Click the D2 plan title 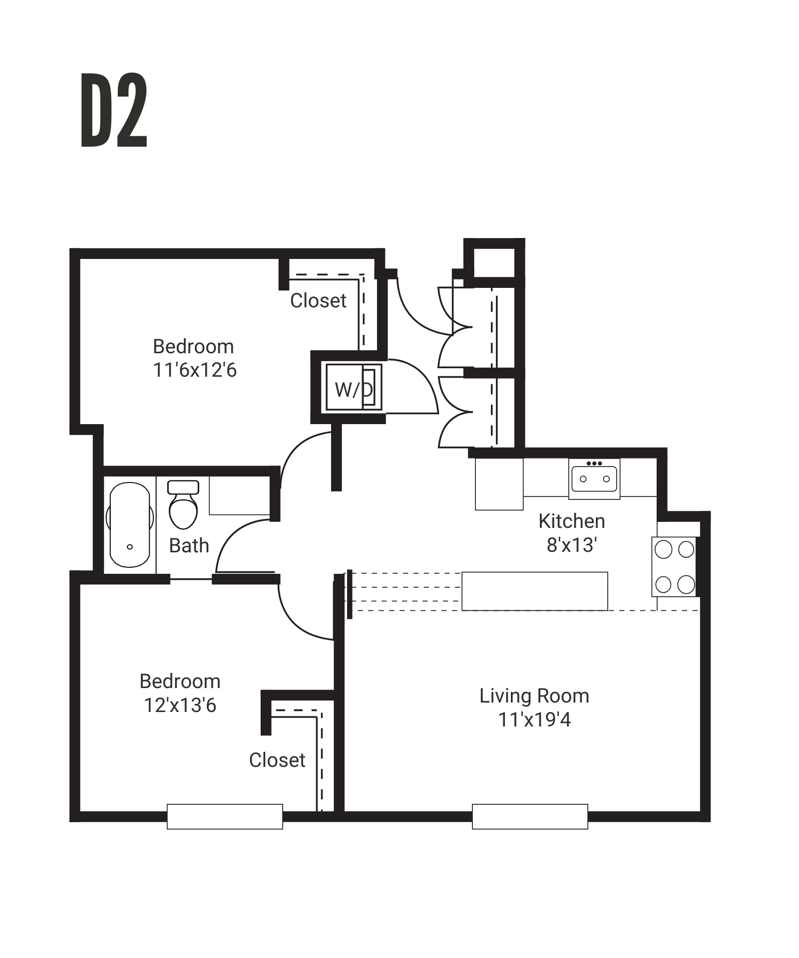[x=114, y=110]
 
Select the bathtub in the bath [x=129, y=524]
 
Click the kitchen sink [x=594, y=479]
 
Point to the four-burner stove [x=674, y=566]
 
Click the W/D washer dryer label [x=354, y=390]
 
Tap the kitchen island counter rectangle [x=534, y=591]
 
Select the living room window [x=530, y=816]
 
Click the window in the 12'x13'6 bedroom [x=225, y=816]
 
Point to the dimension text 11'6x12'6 [x=195, y=370]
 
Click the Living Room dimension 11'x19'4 [x=534, y=720]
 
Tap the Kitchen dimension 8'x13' [x=572, y=545]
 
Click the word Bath [x=189, y=546]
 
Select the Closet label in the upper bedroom [x=318, y=301]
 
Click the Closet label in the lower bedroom [x=277, y=760]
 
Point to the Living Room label [x=534, y=696]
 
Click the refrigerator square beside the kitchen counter [x=499, y=484]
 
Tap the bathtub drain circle [x=130, y=547]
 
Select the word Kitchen [x=572, y=521]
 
